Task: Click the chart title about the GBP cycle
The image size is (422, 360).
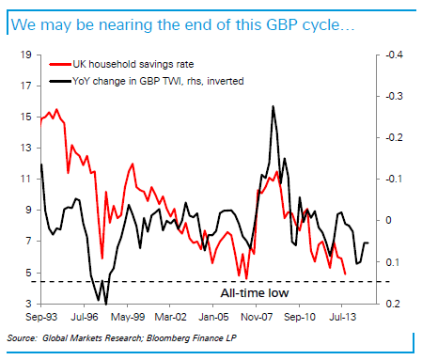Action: pyautogui.click(x=183, y=22)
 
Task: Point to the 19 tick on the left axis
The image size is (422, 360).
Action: pyautogui.click(x=24, y=55)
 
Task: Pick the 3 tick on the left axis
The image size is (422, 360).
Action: pyautogui.click(x=27, y=304)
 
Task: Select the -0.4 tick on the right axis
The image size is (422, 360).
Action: pyautogui.click(x=389, y=55)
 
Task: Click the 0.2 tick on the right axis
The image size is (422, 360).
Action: pyautogui.click(x=388, y=304)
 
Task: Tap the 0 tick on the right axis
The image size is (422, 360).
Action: pyautogui.click(x=385, y=220)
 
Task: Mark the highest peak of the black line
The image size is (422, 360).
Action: pyautogui.click(x=273, y=106)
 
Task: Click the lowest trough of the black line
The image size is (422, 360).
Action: pyautogui.click(x=106, y=303)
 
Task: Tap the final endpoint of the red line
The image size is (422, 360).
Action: pyautogui.click(x=345, y=274)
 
